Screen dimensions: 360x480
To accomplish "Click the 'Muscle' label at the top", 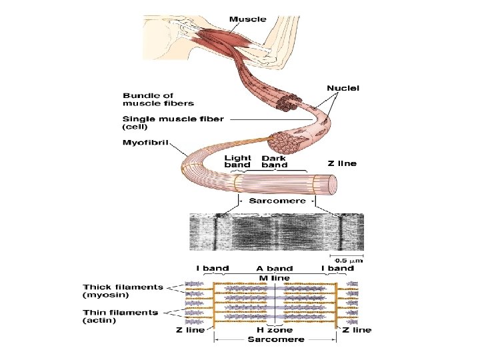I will [247, 19].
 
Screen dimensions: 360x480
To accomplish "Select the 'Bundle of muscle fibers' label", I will [158, 99].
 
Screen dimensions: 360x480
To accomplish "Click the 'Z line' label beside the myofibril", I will [342, 163].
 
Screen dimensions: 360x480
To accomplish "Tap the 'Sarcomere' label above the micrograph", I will [277, 201].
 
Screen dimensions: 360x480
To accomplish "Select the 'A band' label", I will [275, 269].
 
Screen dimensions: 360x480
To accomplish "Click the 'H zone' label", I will [275, 329].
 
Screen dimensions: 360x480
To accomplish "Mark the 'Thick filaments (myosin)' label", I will [123, 291].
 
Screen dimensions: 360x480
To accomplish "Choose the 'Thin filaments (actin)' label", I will [121, 316].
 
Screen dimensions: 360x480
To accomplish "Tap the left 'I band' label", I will [213, 269].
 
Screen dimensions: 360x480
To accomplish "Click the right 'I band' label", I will [338, 269].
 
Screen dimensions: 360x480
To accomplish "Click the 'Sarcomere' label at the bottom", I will [275, 339].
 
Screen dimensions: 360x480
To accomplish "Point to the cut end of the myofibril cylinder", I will [331, 183].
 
